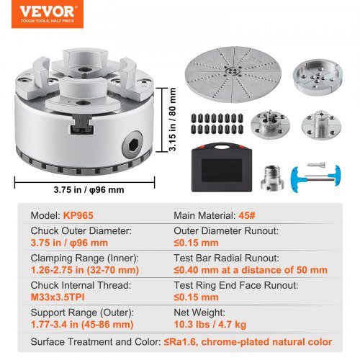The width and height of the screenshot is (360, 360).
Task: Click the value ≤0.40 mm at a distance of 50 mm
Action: pyautogui.click(x=250, y=269)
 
